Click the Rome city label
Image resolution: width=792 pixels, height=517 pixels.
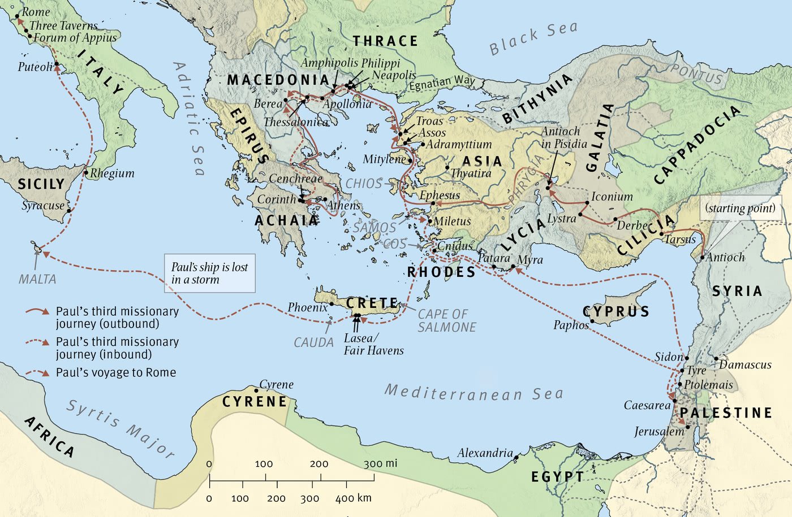36,12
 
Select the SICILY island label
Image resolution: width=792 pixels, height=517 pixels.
41,184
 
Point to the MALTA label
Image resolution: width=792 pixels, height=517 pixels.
37,279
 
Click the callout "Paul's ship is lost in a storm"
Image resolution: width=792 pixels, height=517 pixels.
209,273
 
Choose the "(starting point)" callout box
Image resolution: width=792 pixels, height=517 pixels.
741,208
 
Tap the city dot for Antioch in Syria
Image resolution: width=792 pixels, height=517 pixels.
702,258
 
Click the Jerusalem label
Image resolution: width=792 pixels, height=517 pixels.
659,432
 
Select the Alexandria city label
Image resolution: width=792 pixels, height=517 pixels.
485,453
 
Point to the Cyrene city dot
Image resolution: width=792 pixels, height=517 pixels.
256,390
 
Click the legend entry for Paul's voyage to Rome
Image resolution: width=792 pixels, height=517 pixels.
115,372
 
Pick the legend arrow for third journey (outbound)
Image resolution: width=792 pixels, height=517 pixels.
37,311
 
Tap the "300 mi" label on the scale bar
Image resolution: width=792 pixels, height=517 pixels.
380,464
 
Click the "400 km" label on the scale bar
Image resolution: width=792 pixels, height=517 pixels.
353,498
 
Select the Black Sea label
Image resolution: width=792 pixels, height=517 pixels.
533,37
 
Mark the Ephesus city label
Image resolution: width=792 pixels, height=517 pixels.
440,195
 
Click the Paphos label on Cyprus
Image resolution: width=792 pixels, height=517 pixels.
571,325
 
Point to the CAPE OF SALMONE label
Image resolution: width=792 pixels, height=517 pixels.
447,320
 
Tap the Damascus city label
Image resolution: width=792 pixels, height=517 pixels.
745,364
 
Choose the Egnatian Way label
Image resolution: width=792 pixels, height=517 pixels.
442,83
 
